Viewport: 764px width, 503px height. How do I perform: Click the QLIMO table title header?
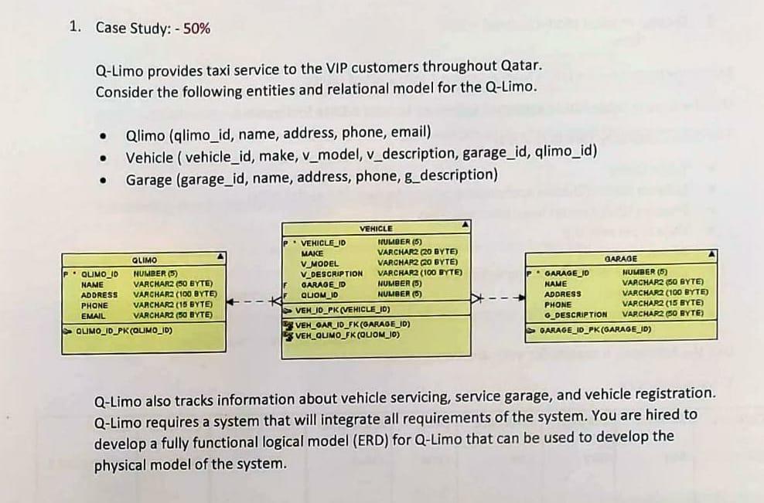(145, 261)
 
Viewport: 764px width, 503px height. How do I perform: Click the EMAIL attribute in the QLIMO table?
(94, 315)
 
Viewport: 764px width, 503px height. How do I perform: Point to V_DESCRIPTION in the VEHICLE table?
(331, 273)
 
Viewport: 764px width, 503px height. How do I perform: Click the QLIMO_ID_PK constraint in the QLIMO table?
(124, 331)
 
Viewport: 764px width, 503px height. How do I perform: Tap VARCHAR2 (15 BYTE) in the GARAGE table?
(663, 304)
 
